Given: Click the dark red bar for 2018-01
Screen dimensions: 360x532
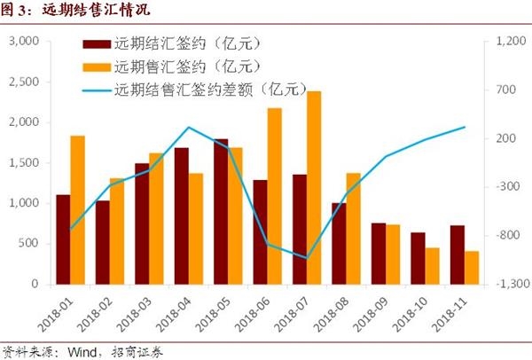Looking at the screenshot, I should pyautogui.click(x=63, y=239).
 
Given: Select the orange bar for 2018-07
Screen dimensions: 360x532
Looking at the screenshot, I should pyautogui.click(x=313, y=188).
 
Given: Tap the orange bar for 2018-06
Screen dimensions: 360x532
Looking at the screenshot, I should pyautogui.click(x=275, y=196).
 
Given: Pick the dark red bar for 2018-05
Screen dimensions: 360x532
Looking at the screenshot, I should pyautogui.click(x=221, y=212).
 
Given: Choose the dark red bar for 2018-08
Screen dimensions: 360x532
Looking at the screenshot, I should pyautogui.click(x=339, y=244).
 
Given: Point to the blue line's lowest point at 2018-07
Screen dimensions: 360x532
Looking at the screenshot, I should pyautogui.click(x=307, y=258).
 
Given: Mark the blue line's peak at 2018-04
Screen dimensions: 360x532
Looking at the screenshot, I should pyautogui.click(x=189, y=127).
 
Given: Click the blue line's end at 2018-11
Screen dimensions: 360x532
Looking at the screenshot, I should pyautogui.click(x=464, y=127).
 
